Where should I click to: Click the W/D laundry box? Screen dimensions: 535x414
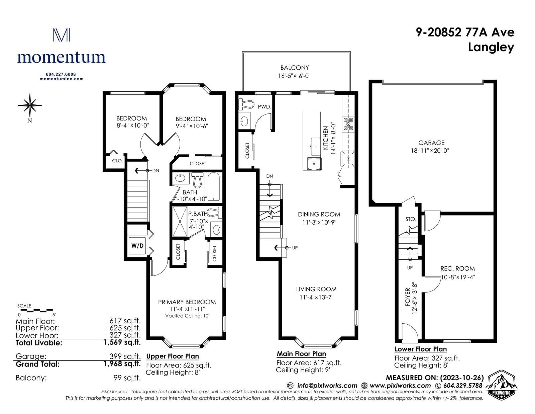[137, 246]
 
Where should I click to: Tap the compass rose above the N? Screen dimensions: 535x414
[30, 105]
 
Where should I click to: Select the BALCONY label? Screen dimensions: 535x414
[295, 68]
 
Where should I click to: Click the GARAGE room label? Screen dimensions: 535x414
[431, 143]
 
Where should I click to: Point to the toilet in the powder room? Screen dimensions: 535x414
[246, 104]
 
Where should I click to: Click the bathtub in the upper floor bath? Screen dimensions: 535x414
[214, 187]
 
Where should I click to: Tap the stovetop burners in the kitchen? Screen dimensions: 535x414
[348, 124]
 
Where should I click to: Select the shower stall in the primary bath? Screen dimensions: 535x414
[180, 222]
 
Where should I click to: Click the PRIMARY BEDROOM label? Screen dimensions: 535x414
[187, 302]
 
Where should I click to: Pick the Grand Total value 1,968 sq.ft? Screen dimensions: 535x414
[122, 364]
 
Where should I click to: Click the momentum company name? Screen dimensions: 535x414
[61, 58]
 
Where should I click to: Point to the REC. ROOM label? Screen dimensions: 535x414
[457, 268]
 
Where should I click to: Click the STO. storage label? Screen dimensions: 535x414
[411, 219]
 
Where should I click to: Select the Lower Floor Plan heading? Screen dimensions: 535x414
[421, 349]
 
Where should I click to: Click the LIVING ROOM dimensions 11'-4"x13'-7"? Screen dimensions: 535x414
[316, 297]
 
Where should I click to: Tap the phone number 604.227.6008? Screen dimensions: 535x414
[61, 74]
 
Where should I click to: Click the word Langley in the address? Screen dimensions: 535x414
[491, 48]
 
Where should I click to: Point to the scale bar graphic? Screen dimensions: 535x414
[35, 310]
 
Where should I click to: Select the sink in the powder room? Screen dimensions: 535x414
[244, 121]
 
